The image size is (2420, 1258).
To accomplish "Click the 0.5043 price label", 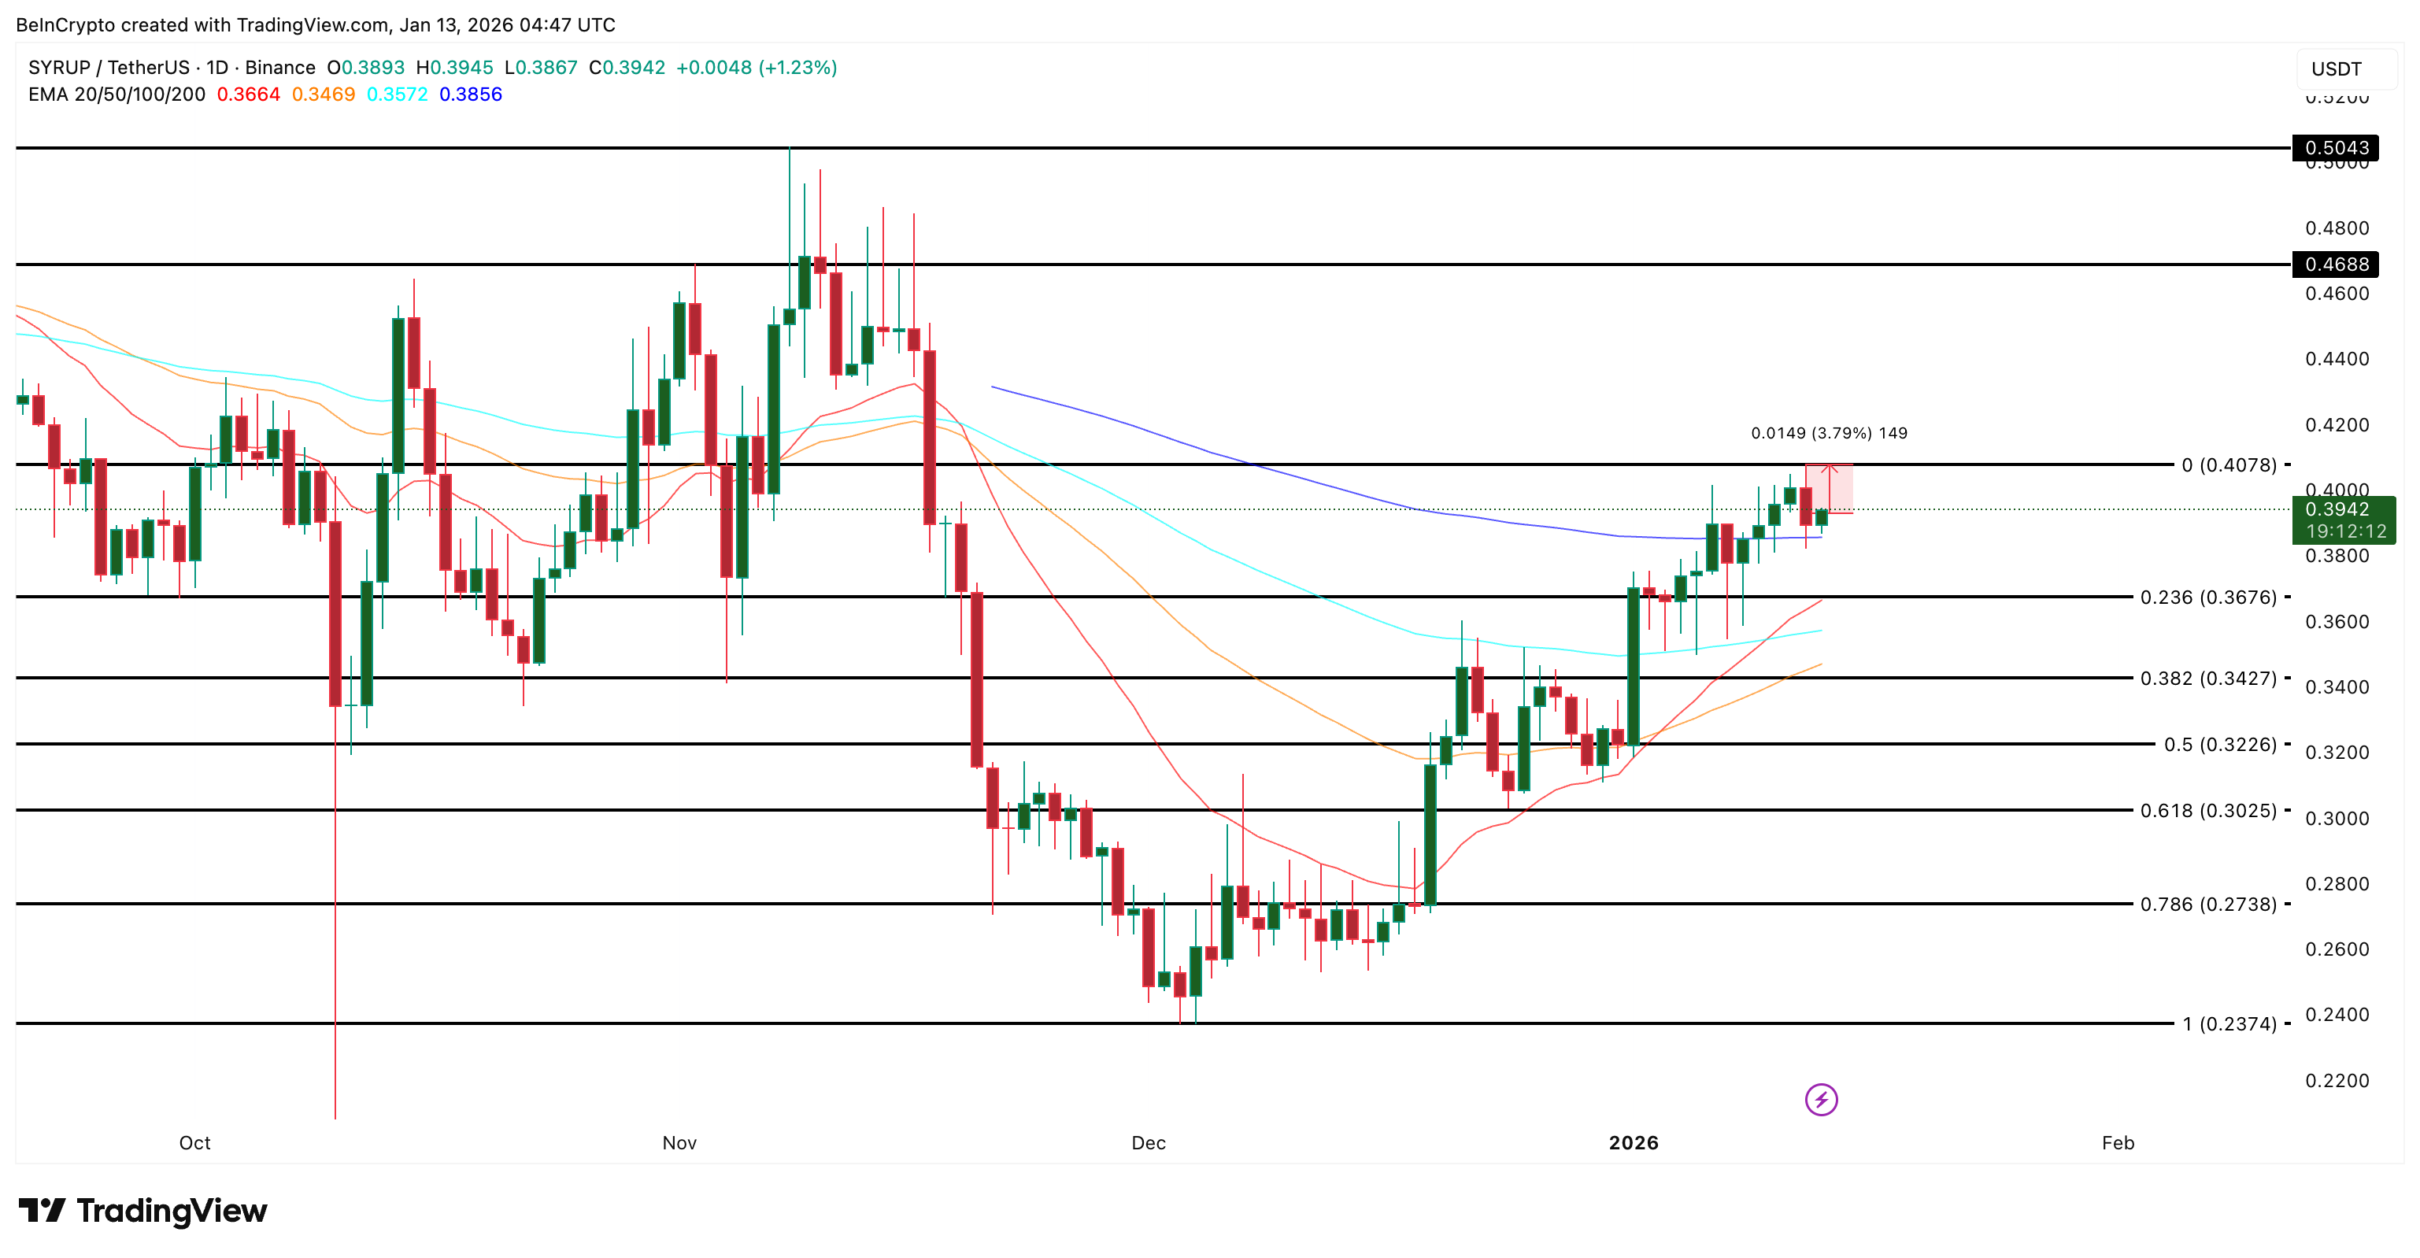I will click(x=2336, y=147).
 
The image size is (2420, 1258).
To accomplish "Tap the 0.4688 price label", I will click(x=2336, y=264).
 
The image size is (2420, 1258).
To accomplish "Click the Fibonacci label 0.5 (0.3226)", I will click(x=2220, y=745).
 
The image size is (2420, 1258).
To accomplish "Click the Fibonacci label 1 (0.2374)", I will click(x=2229, y=1024).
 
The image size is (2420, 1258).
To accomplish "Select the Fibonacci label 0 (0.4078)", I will click(x=2229, y=465).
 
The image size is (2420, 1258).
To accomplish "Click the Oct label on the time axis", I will click(x=194, y=1143).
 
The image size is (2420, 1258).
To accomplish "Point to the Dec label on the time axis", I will click(x=1148, y=1143).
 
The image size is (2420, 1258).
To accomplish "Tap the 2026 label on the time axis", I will click(x=1634, y=1143).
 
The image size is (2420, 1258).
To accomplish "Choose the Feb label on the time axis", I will click(x=2118, y=1143).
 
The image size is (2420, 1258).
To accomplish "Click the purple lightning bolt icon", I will click(x=1821, y=1099).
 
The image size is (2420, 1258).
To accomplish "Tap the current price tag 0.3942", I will click(x=2344, y=510).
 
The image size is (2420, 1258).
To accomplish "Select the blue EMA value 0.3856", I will click(x=471, y=94).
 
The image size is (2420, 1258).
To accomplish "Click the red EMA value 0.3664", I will click(x=248, y=94).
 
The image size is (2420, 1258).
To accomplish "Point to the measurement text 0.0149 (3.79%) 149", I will click(x=1828, y=433).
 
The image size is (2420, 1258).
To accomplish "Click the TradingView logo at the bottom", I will click(x=142, y=1211).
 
